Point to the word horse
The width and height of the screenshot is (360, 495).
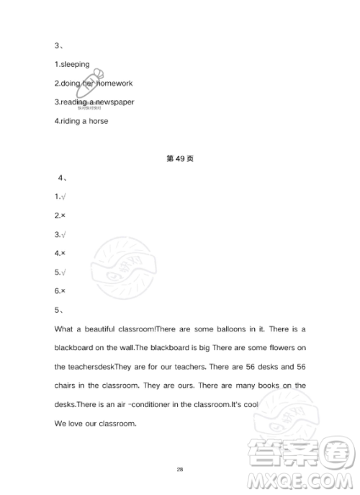click(98, 121)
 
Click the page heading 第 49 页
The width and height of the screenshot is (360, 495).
click(180, 159)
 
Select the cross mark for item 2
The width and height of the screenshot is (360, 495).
click(63, 215)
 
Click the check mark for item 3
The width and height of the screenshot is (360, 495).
click(63, 234)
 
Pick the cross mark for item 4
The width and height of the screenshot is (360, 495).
click(63, 254)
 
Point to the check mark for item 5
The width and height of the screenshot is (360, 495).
click(63, 272)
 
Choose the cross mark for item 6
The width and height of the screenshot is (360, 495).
click(63, 291)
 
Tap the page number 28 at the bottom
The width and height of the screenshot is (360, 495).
click(180, 469)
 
